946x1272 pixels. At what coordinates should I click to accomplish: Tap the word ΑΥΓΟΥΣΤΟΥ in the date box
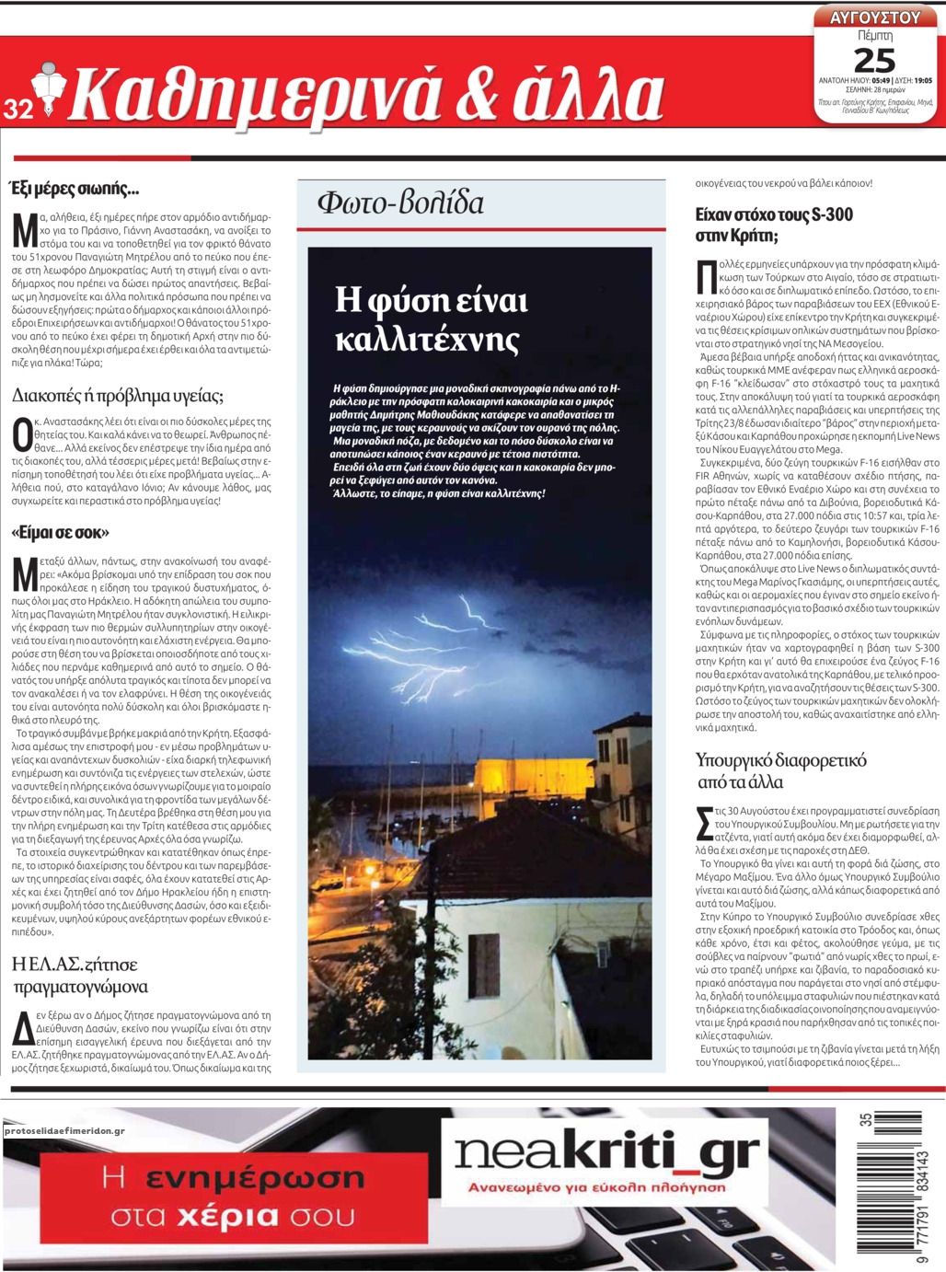pos(874,17)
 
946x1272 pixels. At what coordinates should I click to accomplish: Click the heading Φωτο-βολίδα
pos(399,202)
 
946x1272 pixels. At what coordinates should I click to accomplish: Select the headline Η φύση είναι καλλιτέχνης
pos(431,319)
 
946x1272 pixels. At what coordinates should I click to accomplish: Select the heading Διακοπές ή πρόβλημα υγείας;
pos(118,397)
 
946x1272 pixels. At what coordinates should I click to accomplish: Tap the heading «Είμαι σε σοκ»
pos(61,532)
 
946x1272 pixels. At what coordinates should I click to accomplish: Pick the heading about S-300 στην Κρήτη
pos(774,225)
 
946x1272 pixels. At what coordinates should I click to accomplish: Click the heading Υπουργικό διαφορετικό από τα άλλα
pos(781,772)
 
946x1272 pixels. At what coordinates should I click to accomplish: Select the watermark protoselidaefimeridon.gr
pos(64,1130)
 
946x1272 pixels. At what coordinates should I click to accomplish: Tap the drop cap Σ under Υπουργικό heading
pos(705,823)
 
